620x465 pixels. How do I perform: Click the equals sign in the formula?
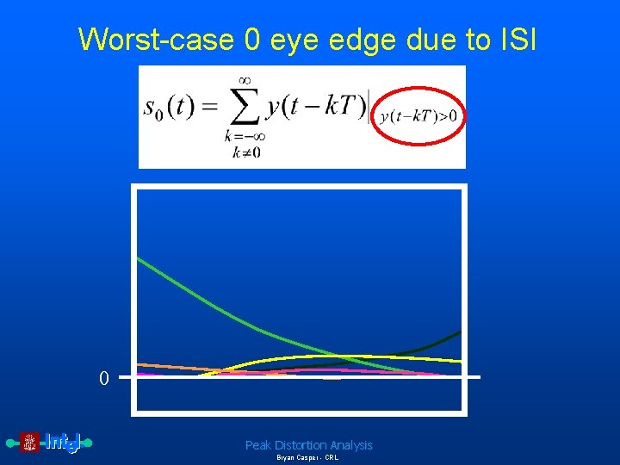coord(208,109)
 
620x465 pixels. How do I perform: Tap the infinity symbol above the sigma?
coord(244,80)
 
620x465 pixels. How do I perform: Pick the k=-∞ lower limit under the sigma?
coord(244,137)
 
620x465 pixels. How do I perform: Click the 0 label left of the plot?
coord(103,379)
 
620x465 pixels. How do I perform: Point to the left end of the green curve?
coord(139,259)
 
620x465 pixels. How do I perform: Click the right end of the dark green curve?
coord(459,332)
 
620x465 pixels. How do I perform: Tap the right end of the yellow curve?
coord(459,361)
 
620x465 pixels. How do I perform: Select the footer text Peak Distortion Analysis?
coord(308,445)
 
